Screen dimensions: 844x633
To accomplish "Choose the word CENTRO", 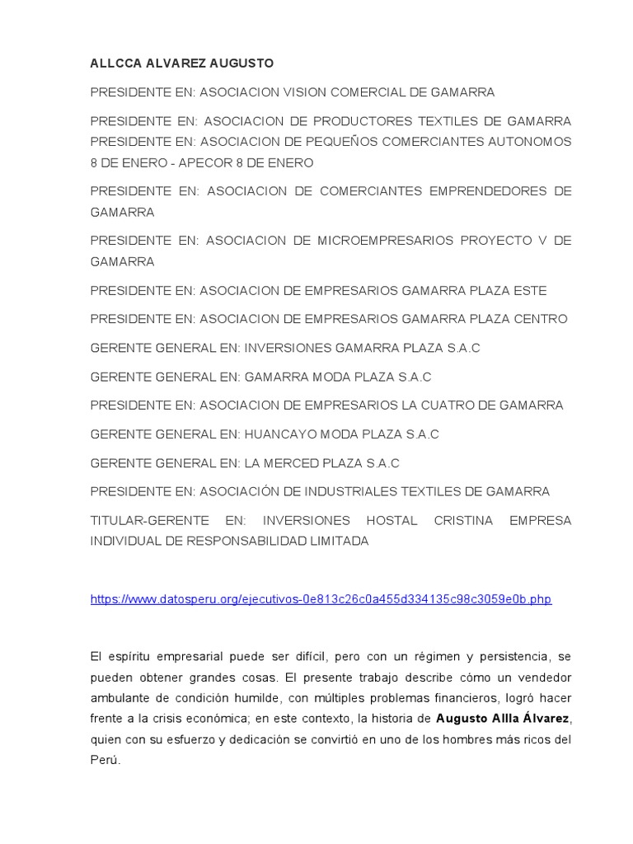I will point(541,319).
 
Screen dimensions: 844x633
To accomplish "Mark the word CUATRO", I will point(455,406).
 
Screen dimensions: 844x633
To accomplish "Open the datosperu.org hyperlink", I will point(321,599).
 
